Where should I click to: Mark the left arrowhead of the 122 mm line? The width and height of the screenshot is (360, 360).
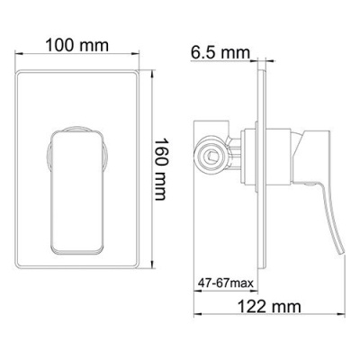coord(197,310)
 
